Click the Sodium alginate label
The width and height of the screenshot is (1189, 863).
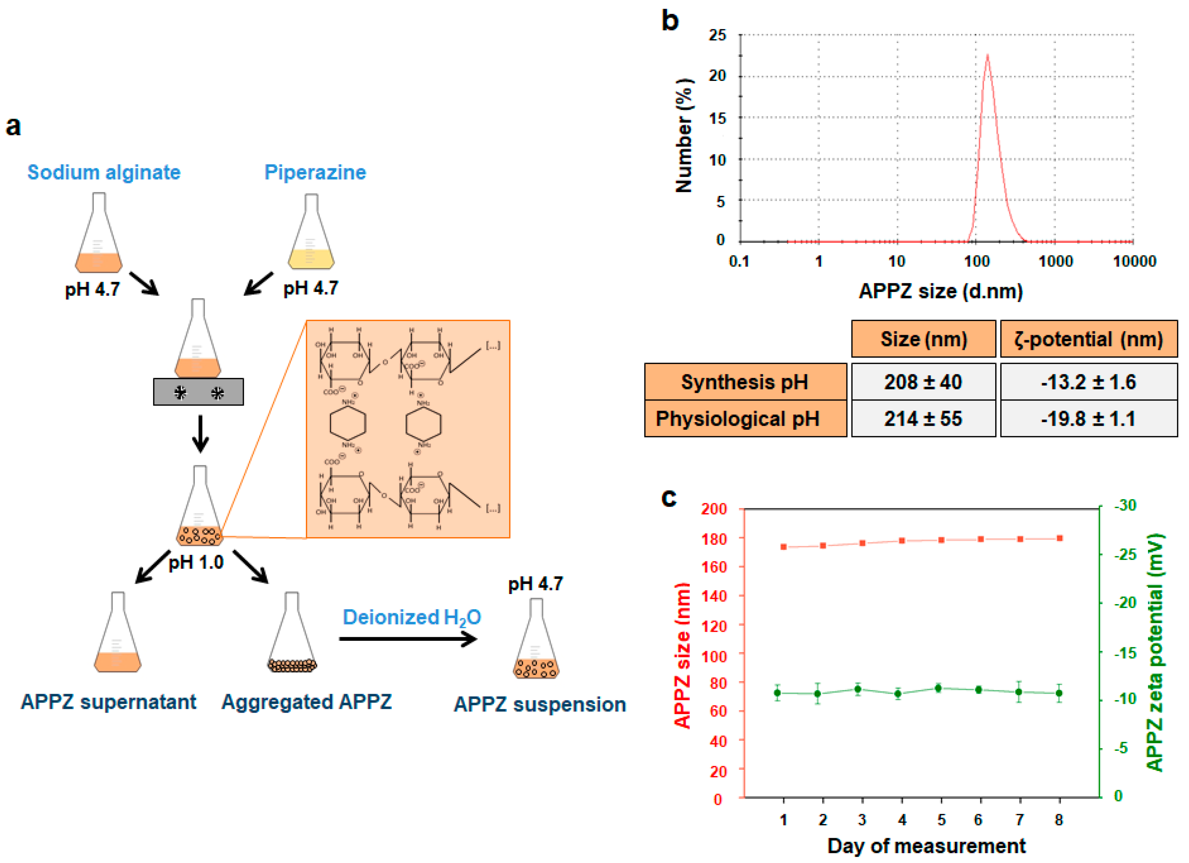click(104, 173)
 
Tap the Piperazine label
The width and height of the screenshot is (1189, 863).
click(315, 173)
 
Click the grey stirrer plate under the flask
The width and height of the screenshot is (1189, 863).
click(198, 392)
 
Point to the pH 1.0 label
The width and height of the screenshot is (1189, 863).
click(196, 563)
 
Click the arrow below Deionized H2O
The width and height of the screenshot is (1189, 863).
click(408, 639)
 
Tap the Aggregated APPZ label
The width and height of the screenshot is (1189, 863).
click(307, 702)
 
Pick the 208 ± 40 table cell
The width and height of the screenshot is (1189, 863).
click(923, 382)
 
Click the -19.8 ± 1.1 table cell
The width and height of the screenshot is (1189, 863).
click(1088, 419)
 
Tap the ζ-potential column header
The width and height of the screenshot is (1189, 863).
click(1088, 339)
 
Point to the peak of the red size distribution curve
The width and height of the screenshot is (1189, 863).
click(988, 55)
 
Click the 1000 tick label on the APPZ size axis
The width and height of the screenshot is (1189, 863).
click(1055, 261)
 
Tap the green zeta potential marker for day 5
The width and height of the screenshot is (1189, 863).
click(938, 688)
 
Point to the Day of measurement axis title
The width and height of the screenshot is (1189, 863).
click(926, 846)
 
